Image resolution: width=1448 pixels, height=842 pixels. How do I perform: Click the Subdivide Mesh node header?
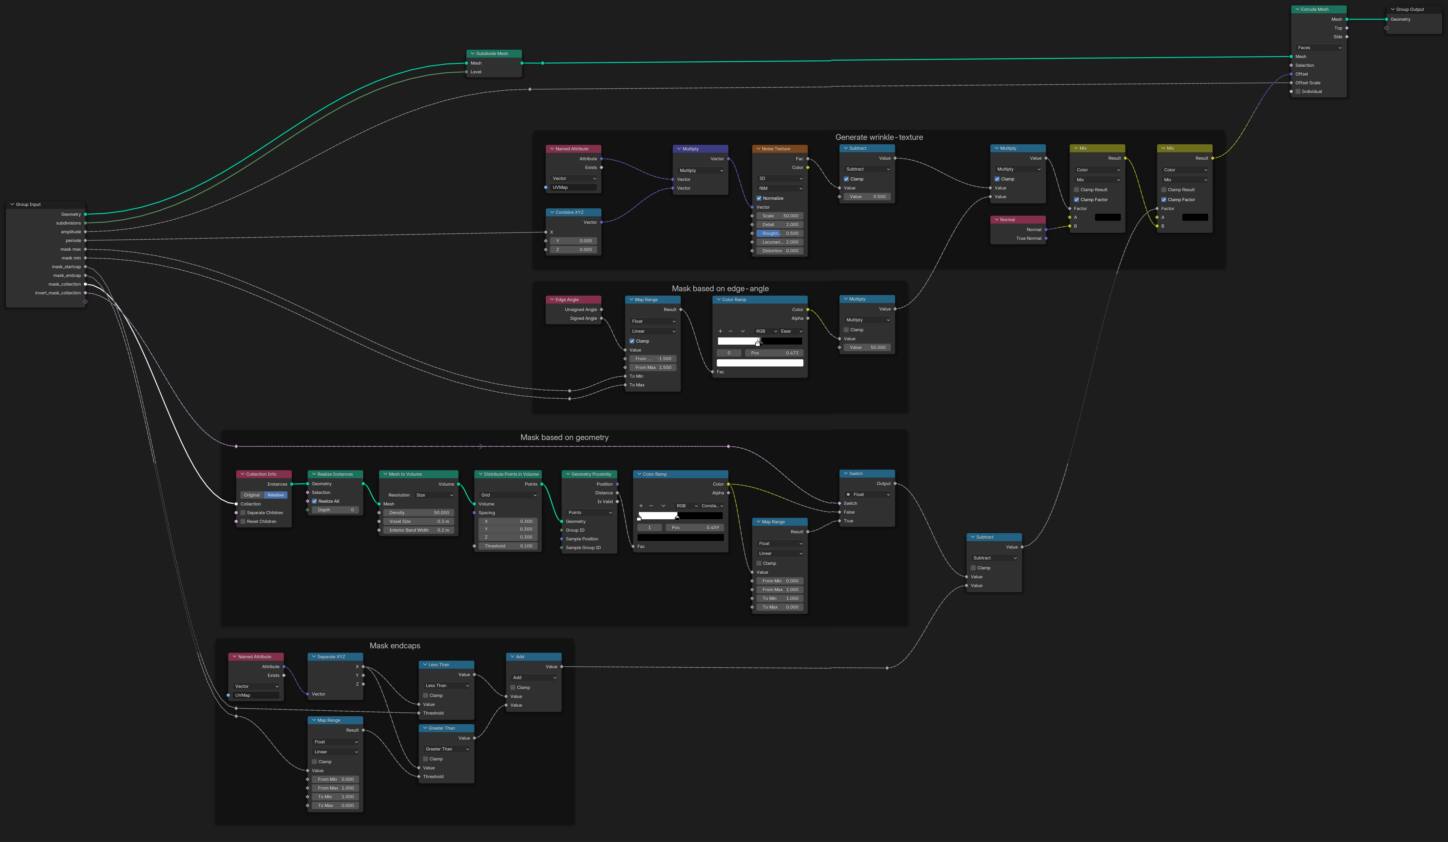[494, 53]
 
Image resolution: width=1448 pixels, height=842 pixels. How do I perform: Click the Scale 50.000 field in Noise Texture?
[780, 216]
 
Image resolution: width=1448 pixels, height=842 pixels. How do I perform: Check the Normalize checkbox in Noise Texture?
[759, 198]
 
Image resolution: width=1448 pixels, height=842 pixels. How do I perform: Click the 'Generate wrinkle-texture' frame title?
[879, 137]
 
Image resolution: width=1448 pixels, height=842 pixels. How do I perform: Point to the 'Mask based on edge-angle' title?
[720, 288]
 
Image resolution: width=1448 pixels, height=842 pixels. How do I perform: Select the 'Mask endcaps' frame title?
[395, 646]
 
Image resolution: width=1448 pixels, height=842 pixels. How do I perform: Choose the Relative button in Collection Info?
[275, 495]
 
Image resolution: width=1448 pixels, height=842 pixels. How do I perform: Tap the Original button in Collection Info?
[252, 495]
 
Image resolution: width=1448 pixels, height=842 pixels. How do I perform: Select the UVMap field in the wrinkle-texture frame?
[573, 187]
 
